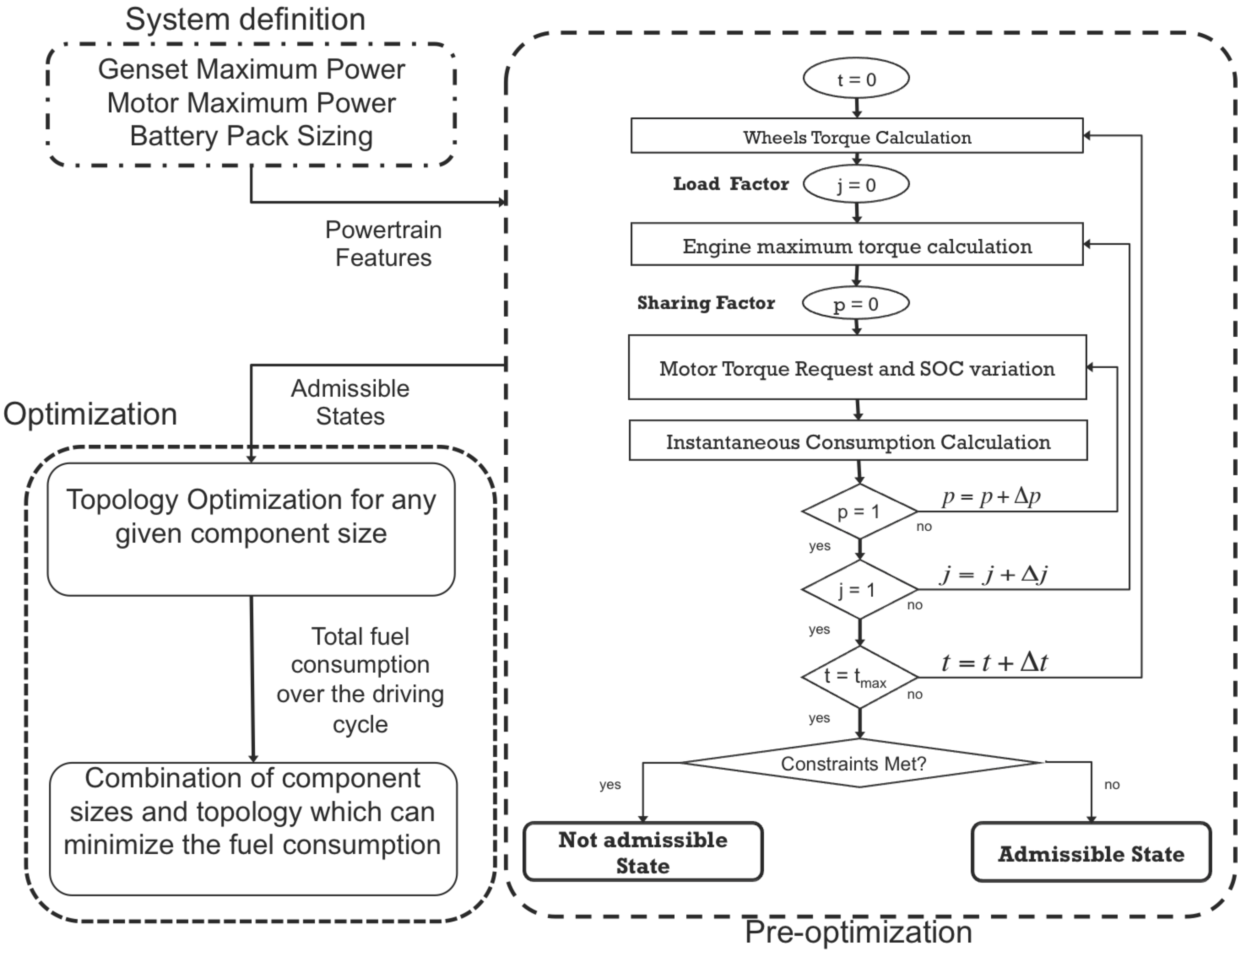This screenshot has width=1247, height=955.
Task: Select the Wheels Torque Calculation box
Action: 856,136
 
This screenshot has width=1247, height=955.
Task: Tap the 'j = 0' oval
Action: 856,184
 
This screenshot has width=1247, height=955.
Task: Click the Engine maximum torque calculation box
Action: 856,244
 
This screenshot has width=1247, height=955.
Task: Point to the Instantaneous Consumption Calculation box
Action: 857,441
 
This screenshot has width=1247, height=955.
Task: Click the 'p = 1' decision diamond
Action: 859,511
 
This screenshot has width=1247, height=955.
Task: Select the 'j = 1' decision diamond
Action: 859,590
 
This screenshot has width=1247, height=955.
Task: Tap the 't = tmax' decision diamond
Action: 859,676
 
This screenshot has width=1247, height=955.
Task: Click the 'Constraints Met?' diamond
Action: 859,763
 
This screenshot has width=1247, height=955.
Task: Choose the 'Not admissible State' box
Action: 643,851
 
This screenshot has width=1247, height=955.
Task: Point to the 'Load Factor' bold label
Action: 731,184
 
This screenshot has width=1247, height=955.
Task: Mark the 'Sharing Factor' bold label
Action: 706,302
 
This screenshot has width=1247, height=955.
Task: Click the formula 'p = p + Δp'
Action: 991,496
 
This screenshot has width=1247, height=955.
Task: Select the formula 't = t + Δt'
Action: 994,662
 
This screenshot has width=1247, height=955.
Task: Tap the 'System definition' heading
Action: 245,19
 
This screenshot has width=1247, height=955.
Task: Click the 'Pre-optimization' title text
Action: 858,932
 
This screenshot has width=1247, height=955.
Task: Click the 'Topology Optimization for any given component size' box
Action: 251,529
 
